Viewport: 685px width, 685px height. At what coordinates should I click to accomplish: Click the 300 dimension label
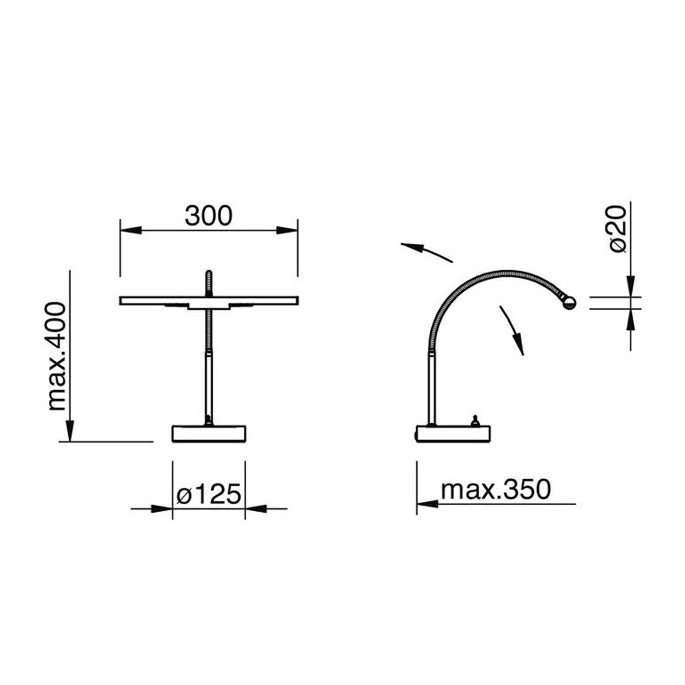coord(208,216)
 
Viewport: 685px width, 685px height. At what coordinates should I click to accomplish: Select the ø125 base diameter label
coord(209,495)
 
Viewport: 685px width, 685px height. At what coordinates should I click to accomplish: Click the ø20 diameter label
coord(618,229)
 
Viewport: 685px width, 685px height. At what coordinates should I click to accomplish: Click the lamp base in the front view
coord(209,433)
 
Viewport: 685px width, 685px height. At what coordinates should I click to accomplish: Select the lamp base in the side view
coord(454,433)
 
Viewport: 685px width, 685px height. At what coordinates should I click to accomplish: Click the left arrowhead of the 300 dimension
coord(131,230)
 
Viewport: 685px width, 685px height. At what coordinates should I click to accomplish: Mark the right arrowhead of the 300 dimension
coord(287,230)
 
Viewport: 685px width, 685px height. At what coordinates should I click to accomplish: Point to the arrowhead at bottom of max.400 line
coord(70,430)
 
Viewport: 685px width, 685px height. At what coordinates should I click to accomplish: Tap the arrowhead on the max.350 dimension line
coord(427,504)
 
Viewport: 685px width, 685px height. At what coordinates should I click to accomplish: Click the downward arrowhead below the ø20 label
coord(631,285)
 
